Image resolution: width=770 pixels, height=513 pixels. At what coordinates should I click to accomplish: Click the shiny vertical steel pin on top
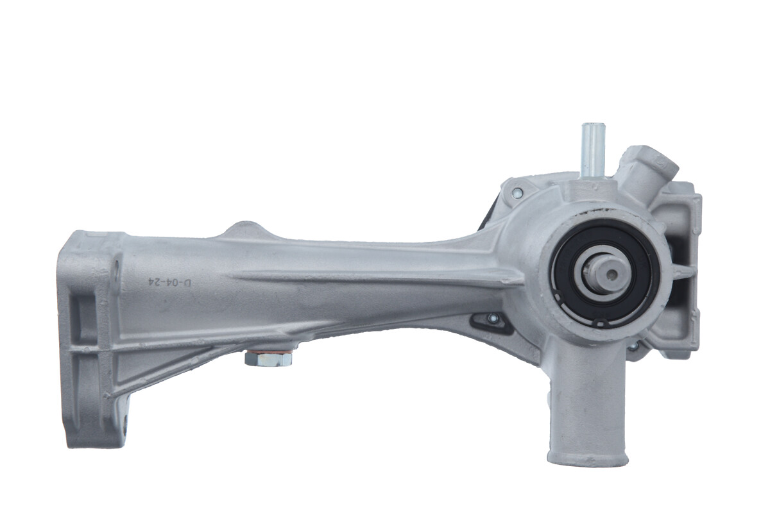593,150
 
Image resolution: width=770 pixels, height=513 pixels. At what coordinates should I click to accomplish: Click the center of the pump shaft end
610,274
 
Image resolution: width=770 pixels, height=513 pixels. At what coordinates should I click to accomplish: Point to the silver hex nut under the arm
268,359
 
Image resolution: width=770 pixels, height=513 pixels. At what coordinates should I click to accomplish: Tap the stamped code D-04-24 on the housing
169,282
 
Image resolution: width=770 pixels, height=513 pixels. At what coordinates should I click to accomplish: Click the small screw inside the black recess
493,318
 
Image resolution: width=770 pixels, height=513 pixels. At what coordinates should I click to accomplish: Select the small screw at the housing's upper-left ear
517,193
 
